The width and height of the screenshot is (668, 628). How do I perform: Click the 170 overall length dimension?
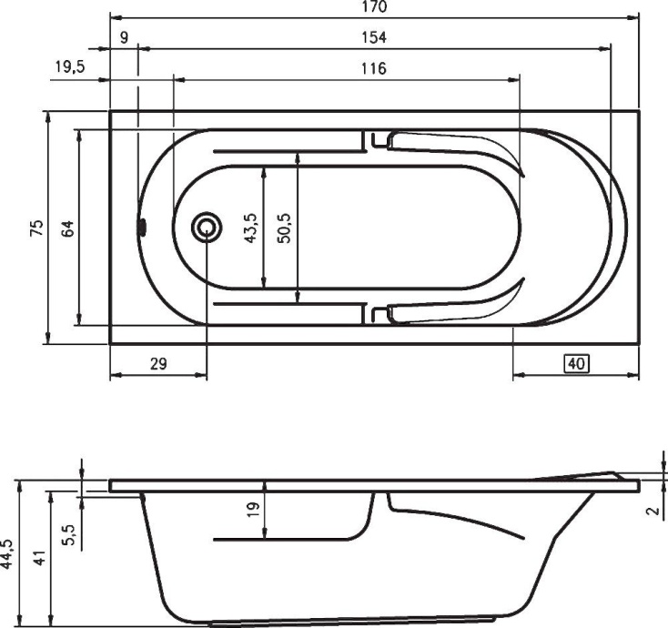pos(374,7)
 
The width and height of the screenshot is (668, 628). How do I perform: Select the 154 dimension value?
pos(374,37)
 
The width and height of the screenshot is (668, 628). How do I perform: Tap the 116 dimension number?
pos(373,68)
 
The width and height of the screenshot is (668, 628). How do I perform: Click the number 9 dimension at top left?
pos(124,37)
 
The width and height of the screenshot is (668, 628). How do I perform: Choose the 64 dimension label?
pos(67,228)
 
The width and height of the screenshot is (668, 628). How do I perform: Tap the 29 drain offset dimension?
pos(157,364)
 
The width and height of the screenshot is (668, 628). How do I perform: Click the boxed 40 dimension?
pos(575,364)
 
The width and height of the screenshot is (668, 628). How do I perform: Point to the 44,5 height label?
pos(8,553)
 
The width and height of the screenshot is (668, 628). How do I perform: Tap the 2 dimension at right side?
pos(652,510)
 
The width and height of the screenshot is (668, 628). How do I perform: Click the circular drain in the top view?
pos(207,227)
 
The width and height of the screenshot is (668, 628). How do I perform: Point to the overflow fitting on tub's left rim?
pos(141,227)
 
